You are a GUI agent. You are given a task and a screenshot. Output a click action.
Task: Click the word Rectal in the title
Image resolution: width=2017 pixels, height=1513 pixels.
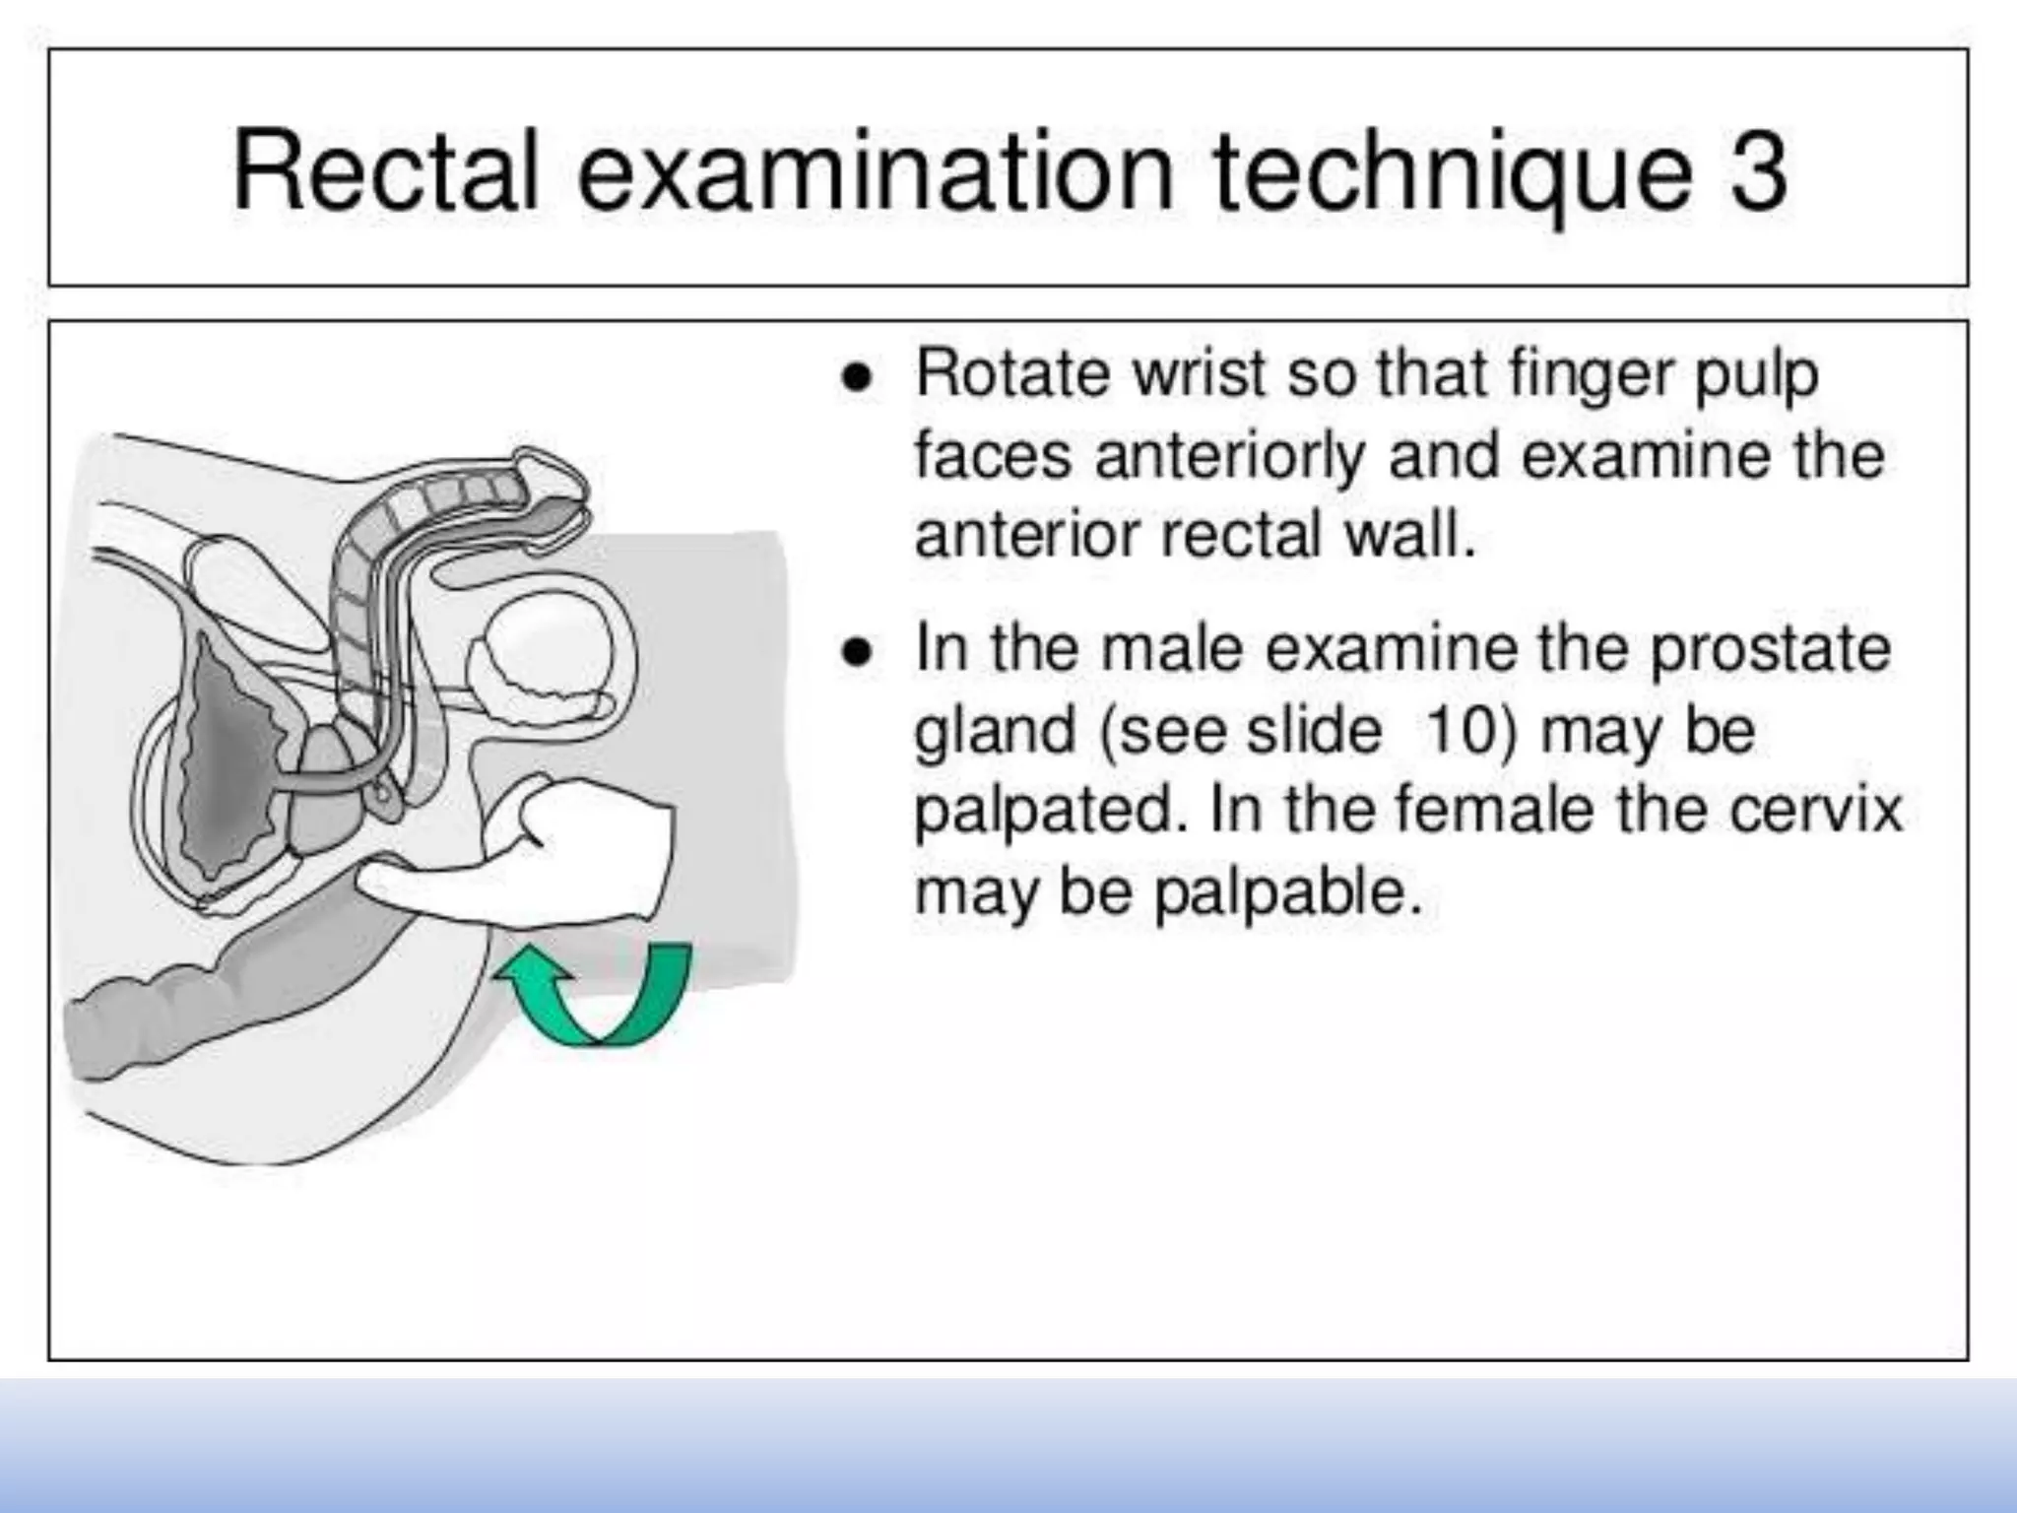[385, 170]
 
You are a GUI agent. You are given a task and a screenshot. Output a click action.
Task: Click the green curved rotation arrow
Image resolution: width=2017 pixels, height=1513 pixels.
[601, 995]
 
